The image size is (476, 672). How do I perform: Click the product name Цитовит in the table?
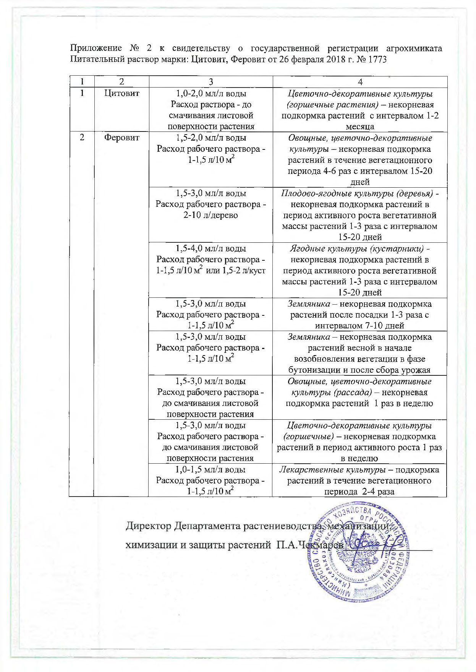122,93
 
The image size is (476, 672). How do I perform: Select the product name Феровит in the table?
122,138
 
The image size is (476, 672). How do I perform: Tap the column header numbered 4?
360,82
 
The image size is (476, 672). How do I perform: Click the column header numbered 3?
210,82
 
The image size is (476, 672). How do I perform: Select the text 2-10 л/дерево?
210,215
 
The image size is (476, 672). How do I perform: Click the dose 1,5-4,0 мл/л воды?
210,248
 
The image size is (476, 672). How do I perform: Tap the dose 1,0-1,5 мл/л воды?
210,469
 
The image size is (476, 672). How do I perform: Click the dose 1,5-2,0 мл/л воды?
210,138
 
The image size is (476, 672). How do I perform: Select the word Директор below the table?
149,526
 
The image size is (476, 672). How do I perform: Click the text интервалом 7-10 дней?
359,326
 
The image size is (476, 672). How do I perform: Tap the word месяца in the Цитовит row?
360,127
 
